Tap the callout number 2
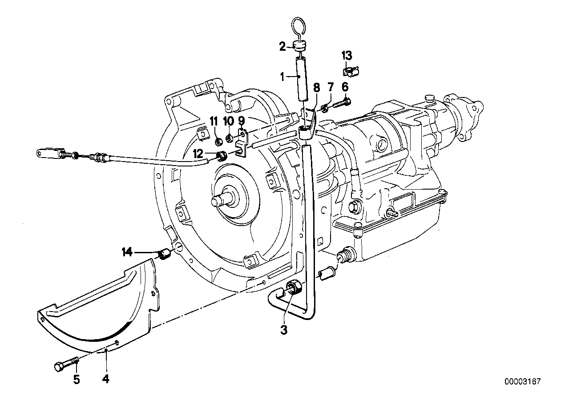point(282,46)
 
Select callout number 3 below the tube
point(283,330)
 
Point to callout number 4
point(105,379)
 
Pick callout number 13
point(347,56)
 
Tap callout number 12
point(198,154)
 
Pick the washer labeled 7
point(325,108)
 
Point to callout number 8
point(316,88)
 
